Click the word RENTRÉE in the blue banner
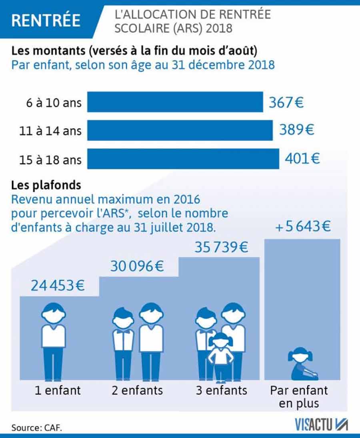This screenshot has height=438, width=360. point(46,20)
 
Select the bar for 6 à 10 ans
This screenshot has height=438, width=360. point(175,102)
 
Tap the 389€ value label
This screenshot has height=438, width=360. point(296,130)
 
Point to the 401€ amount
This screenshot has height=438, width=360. point(302,159)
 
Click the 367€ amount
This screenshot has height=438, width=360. point(286,102)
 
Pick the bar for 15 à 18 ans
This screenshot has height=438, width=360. point(183,159)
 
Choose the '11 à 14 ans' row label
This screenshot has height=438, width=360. point(50,131)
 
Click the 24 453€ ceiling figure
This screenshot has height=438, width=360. point(58,286)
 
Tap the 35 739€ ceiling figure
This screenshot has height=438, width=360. point(221,247)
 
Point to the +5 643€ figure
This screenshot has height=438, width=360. point(303,227)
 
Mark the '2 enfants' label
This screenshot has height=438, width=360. point(137,390)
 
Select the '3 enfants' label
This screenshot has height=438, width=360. point(222,390)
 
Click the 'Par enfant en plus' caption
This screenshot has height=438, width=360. point(299,396)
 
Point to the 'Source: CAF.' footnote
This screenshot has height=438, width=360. point(37,427)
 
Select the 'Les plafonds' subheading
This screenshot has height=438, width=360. point(46,185)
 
